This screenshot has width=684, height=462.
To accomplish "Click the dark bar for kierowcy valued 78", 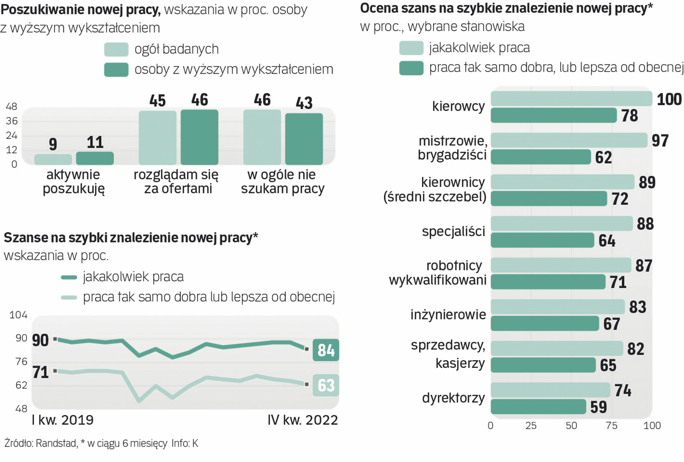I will [553, 115].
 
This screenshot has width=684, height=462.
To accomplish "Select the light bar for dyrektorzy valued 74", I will [550, 390].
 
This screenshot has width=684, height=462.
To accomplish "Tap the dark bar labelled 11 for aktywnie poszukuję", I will [95, 158].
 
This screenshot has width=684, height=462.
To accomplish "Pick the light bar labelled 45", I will [158, 137].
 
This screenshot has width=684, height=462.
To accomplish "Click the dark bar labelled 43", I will [304, 139].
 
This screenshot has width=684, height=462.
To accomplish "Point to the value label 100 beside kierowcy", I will [669, 99].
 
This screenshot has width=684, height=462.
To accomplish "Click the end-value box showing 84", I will [326, 350].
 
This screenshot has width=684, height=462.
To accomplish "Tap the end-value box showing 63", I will [326, 385].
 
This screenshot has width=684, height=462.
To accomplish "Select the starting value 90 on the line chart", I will [40, 340].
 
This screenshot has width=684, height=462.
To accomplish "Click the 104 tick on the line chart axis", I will [18, 315].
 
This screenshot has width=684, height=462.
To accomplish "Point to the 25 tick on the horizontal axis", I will [531, 426].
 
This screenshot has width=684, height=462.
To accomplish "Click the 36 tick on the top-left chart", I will [12, 121].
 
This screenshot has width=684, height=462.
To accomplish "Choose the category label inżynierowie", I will [448, 315].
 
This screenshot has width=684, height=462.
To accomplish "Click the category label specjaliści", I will [453, 231].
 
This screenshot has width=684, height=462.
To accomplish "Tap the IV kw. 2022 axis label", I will [303, 420].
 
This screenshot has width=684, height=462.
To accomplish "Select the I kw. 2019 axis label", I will [62, 420].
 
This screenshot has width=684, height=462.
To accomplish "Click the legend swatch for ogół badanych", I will [116, 50].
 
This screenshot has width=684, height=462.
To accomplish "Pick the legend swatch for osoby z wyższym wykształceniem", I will [116, 70].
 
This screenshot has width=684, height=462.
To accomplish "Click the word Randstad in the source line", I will [56, 444].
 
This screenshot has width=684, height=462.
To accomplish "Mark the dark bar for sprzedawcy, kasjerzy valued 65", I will [543, 365].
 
